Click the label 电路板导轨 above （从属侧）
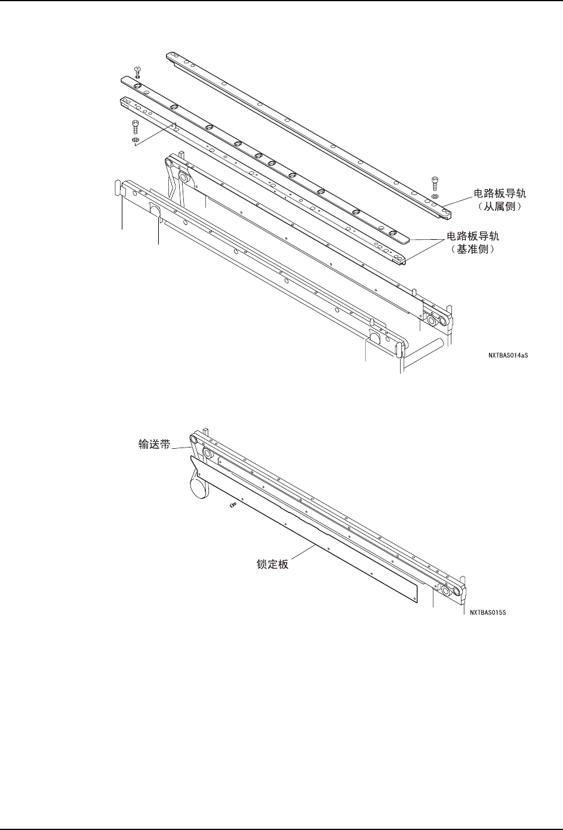(500, 193)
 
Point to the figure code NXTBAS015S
(491, 612)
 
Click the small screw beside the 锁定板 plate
(232, 505)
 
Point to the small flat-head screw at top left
(138, 70)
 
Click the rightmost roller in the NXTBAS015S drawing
(457, 591)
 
